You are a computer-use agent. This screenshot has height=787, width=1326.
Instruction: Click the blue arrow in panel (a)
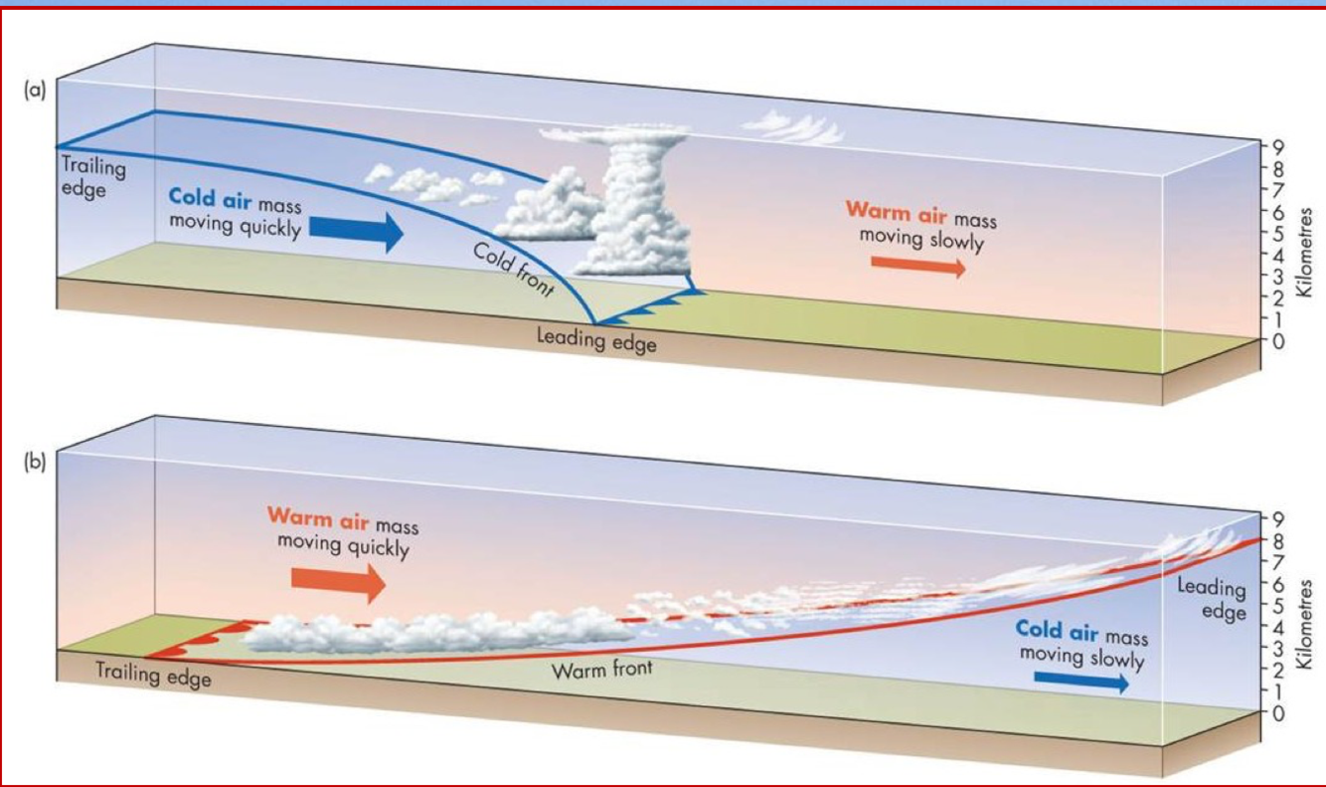pyautogui.click(x=357, y=231)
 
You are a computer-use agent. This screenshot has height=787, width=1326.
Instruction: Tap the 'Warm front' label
pyautogui.click(x=602, y=669)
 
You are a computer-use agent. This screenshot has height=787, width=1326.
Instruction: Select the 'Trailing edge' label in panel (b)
pyautogui.click(x=153, y=674)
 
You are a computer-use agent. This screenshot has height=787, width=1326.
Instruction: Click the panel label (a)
pyautogui.click(x=36, y=90)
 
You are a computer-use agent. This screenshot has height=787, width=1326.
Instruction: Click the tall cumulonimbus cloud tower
pyautogui.click(x=641, y=209)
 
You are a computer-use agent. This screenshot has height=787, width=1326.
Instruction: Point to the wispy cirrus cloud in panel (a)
pyautogui.click(x=792, y=126)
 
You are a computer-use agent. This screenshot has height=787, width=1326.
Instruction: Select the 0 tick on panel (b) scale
pyautogui.click(x=1279, y=712)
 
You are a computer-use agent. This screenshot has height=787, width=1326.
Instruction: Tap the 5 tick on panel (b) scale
pyautogui.click(x=1279, y=605)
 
